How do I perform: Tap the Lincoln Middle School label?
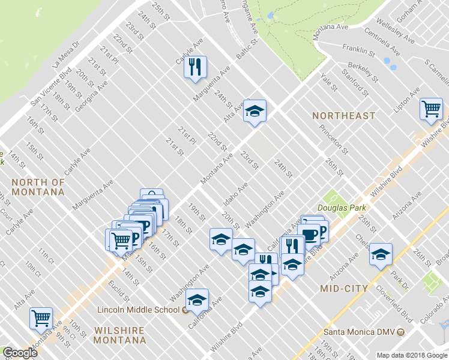coord(138,310)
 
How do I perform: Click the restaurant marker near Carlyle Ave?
coord(195,68)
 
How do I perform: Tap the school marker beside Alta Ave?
coord(255,111)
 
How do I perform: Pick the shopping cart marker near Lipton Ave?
coord(431,109)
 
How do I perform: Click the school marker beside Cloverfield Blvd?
coord(381,254)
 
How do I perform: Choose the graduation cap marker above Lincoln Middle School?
coord(197,300)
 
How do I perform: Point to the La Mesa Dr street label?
coord(66,54)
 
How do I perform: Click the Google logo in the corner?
coord(20,353)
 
